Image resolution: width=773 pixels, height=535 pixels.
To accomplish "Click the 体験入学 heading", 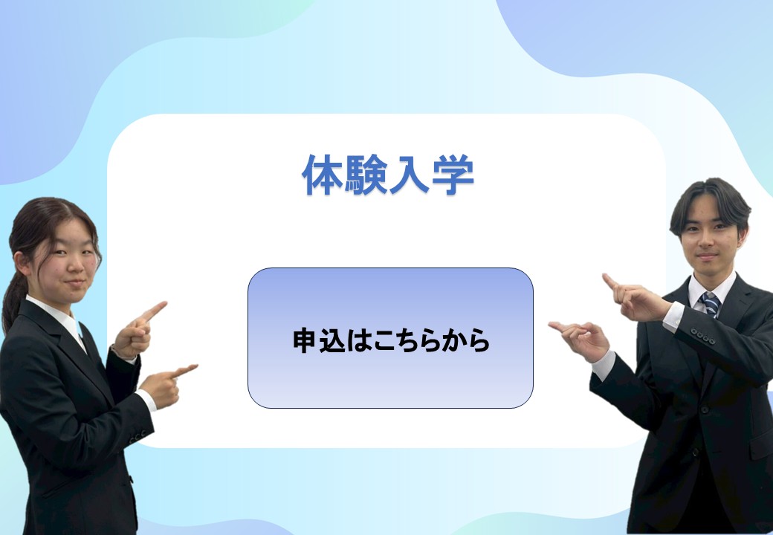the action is pyautogui.click(x=388, y=175).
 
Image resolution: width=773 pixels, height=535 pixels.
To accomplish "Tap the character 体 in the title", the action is pyautogui.click(x=323, y=175).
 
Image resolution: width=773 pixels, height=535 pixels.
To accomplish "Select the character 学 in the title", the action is pyautogui.click(x=453, y=175).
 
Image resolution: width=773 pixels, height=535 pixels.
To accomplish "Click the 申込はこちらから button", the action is pyautogui.click(x=390, y=338).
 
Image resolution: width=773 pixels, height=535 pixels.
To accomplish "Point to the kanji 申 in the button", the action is pyautogui.click(x=304, y=340).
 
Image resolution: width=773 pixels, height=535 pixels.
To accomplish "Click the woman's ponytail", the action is pyautogui.click(x=12, y=300).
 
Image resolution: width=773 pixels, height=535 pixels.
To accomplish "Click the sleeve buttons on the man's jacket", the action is pyautogui.click(x=702, y=337).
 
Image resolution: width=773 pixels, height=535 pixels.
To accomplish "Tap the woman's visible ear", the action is pyautogui.click(x=22, y=264).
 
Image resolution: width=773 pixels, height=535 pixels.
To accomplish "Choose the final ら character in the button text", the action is pyautogui.click(x=478, y=340).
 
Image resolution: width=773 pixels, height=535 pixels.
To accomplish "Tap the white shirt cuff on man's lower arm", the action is pyautogui.click(x=604, y=365).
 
